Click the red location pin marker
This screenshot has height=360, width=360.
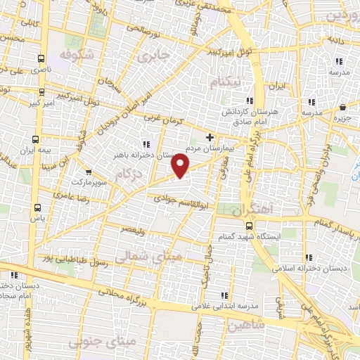click(181, 165)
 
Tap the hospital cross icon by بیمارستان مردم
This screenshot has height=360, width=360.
click(210, 137)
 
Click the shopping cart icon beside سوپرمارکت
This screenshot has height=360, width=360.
click(89, 171)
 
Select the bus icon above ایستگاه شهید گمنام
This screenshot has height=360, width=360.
click(250, 225)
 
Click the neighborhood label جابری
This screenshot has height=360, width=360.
click(155, 56)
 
